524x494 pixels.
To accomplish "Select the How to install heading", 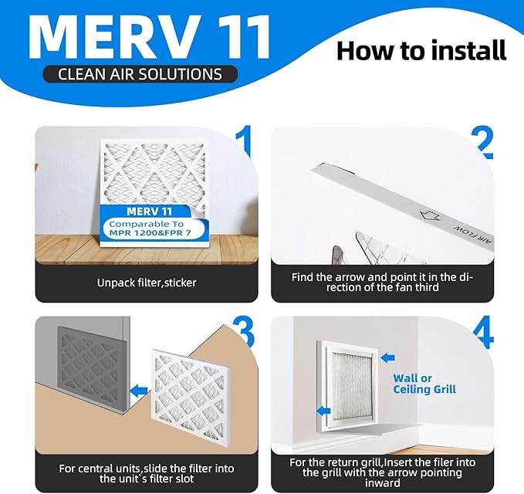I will point(421,50).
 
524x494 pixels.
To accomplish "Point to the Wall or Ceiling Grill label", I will point(424,384).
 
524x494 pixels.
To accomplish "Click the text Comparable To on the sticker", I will point(144,223).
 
